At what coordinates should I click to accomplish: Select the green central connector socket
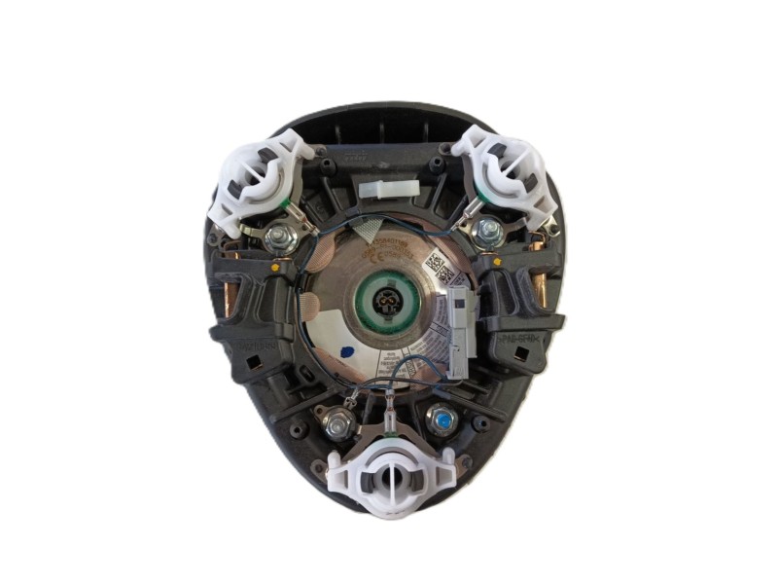389,305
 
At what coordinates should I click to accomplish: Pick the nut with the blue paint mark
442,420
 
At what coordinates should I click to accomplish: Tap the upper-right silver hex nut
490,232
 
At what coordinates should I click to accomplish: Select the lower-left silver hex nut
338,423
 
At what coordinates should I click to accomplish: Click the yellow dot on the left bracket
279,265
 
